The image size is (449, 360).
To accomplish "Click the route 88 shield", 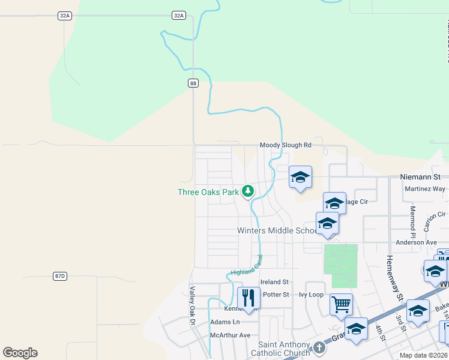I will point(193,83).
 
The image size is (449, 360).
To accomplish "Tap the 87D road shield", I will point(59,276).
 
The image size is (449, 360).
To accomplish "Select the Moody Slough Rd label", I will point(285,145).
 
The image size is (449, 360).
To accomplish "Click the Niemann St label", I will point(424,177).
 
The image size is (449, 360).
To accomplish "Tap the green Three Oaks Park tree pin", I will point(247,191).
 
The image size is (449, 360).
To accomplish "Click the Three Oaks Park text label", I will point(208,192).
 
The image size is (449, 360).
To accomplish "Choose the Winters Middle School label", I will point(276,230).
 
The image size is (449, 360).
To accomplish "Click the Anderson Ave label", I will point(416,242).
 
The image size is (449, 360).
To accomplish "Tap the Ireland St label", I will point(274,282).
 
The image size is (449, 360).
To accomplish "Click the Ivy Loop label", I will point(311,295).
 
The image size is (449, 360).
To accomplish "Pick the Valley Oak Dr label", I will point(193,298).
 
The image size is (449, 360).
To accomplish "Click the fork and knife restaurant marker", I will point(248,297).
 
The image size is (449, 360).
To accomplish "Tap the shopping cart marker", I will point(341,304).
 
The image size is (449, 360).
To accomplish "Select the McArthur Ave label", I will point(230,335).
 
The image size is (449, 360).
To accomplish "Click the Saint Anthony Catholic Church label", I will point(285,349).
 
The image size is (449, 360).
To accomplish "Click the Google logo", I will point(20,353).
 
